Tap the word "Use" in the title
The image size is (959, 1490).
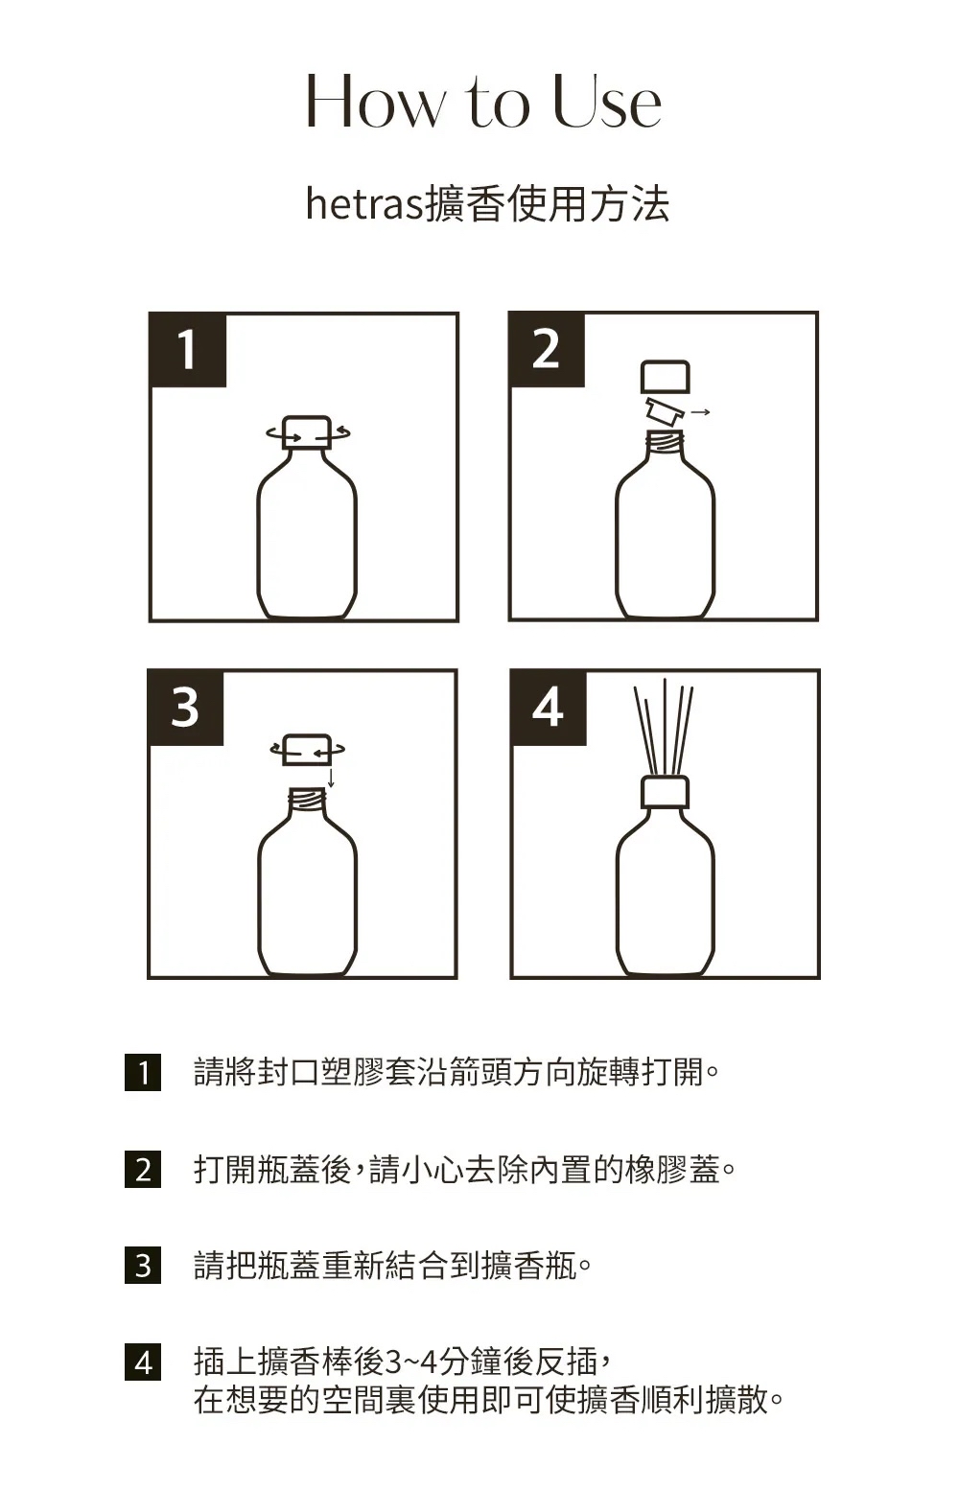pos(607,101)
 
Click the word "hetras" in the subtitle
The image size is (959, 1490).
pos(364,203)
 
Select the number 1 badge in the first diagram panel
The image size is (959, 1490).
pos(188,349)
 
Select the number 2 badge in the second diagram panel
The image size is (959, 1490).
pos(547,349)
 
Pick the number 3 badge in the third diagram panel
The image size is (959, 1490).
pos(186,707)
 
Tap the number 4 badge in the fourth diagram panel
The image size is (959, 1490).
pos(549,707)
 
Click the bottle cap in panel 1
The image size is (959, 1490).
pos(307,432)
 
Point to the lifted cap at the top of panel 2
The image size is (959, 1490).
pos(665,377)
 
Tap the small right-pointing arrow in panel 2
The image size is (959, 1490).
pos(700,412)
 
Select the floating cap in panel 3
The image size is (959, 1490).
pos(307,749)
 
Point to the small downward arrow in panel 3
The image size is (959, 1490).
pos(330,777)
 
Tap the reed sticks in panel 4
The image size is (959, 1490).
pos(665,727)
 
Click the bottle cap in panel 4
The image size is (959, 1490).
pos(665,792)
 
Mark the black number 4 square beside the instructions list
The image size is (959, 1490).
pos(143,1362)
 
